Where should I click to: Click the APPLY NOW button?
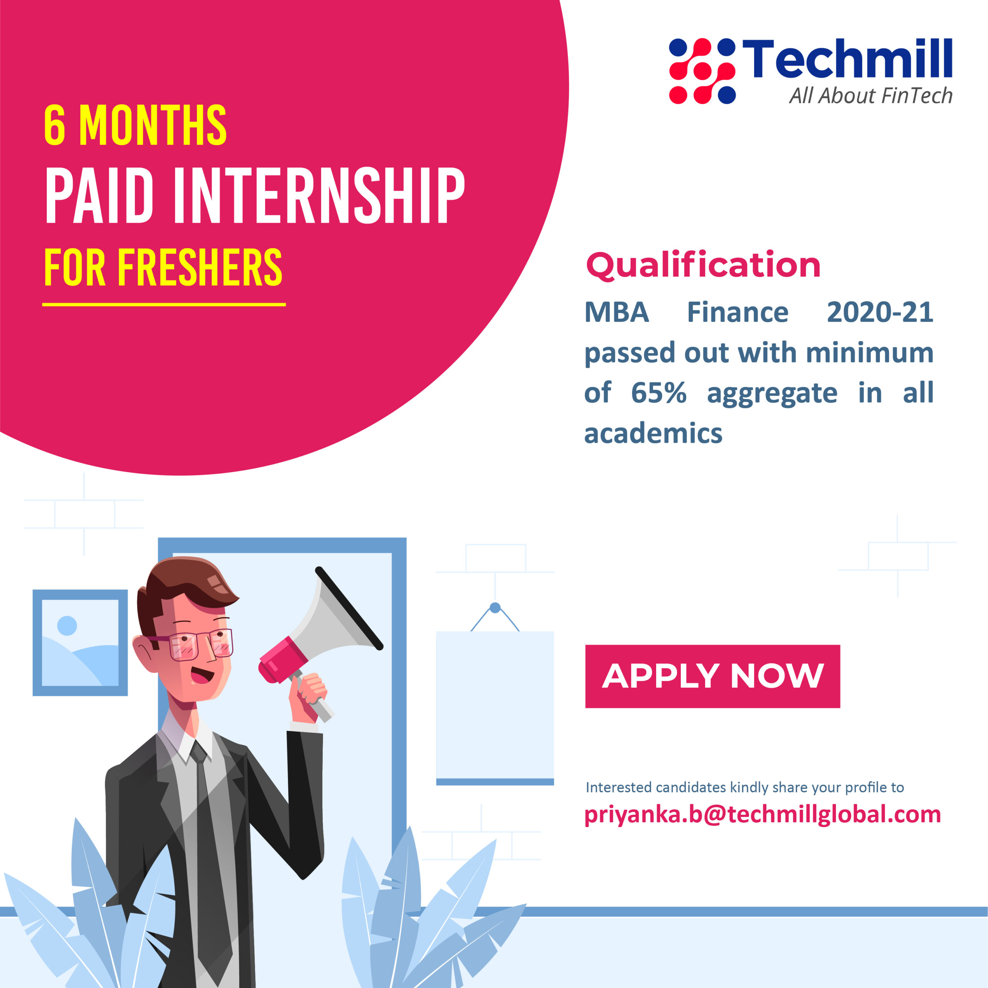tap(712, 676)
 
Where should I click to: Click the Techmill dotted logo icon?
tap(702, 71)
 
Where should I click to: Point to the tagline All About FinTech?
tap(870, 96)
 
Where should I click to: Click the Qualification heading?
tap(703, 266)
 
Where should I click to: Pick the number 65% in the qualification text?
tap(659, 393)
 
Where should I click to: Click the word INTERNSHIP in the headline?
tap(319, 195)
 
